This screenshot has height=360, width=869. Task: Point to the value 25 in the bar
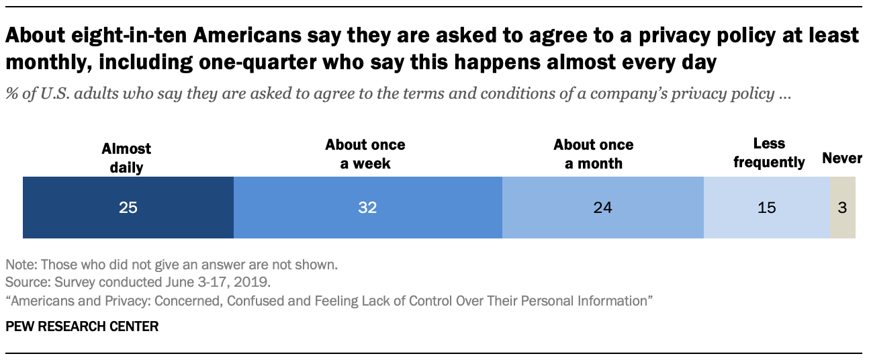[x=128, y=208]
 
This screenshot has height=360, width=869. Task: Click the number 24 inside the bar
[x=602, y=208]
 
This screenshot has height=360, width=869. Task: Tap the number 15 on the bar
[x=766, y=208]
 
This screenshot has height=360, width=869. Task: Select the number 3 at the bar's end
[x=842, y=208]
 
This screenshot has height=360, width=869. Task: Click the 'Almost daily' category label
[x=126, y=158]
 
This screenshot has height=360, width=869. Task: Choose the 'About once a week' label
[x=365, y=154]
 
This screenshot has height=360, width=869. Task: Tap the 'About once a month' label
[x=594, y=154]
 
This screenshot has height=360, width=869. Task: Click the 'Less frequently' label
[x=770, y=153]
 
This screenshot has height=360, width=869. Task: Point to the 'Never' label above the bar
[x=842, y=159]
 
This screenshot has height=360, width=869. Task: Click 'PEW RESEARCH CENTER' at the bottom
[x=82, y=327]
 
